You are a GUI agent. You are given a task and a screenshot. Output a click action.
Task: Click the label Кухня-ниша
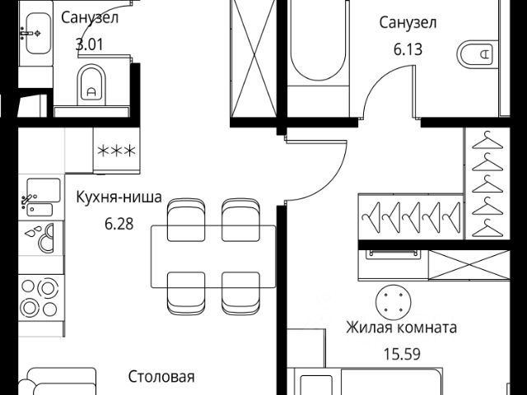119,197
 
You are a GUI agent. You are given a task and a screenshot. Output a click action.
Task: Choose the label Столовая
161,377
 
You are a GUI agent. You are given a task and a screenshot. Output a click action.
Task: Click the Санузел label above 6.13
407,22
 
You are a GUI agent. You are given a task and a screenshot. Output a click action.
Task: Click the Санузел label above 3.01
91,16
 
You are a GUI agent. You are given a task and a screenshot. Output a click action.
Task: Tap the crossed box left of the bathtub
250,62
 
